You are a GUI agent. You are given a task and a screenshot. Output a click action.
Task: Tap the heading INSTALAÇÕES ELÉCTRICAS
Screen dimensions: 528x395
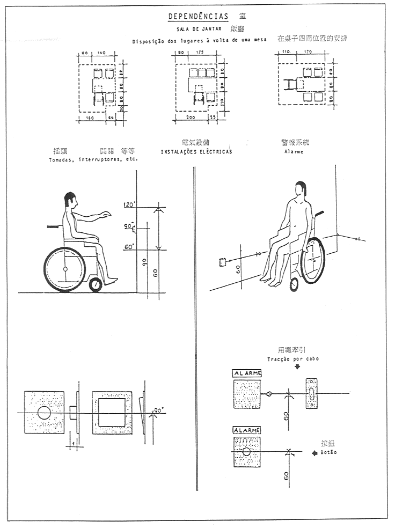tap(196, 152)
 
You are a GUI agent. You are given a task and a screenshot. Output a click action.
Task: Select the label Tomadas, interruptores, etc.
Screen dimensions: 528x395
tap(93, 159)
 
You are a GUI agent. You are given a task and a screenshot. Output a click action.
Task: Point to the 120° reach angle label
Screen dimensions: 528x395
tap(129, 206)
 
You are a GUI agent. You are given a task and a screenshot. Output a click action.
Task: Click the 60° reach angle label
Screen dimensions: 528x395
tap(129, 247)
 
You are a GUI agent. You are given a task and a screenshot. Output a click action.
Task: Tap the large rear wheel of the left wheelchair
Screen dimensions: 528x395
tap(65, 269)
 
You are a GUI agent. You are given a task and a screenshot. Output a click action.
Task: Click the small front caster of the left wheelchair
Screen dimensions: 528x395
tap(96, 285)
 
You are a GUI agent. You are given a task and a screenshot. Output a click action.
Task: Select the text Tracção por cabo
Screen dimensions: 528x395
tap(293, 358)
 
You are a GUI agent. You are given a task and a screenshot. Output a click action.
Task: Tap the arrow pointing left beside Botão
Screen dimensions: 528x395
tap(315, 452)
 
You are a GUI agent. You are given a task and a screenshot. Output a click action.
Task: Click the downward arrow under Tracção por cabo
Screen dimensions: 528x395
tap(297, 368)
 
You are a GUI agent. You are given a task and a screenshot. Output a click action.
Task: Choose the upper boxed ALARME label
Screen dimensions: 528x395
tap(246, 373)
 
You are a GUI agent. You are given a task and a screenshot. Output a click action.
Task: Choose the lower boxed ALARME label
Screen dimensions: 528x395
tap(246, 431)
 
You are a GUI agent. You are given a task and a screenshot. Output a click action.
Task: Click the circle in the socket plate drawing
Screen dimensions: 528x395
tap(44, 412)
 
